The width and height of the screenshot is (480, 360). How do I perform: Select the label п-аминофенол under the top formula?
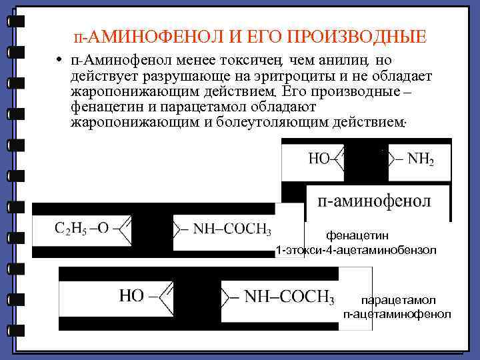(375, 201)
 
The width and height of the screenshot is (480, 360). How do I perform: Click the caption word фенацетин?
(357, 235)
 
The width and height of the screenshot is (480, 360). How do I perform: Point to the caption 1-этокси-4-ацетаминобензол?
(356, 250)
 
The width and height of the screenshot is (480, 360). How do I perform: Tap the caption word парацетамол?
(397, 301)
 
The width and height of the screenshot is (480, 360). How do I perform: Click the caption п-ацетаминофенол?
(397, 314)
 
